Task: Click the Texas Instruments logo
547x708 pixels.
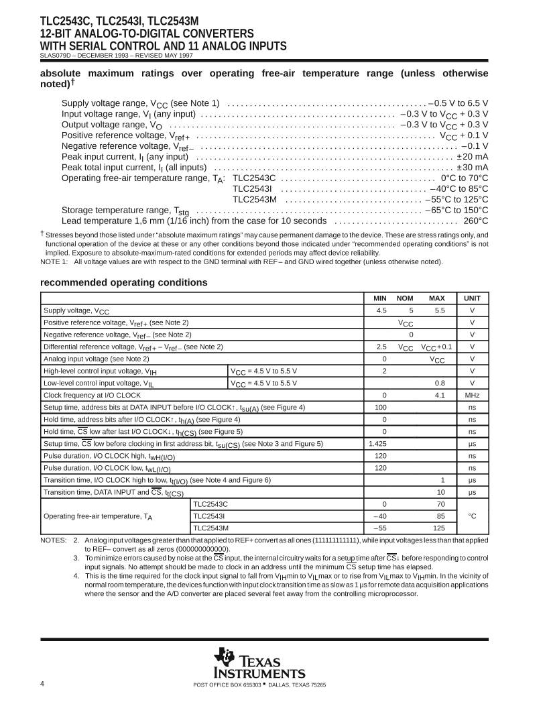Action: click(259, 664)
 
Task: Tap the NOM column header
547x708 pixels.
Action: click(405, 298)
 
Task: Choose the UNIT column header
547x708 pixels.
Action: click(473, 298)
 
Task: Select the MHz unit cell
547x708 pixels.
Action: click(473, 395)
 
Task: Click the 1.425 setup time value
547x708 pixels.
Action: click(379, 443)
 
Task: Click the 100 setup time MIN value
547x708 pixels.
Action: click(381, 407)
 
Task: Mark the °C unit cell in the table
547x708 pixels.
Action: click(473, 516)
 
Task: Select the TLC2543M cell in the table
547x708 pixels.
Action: click(210, 528)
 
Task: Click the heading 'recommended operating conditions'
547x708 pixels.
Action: click(124, 283)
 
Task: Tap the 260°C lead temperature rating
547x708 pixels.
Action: click(475, 221)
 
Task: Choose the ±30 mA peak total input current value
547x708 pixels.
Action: click(472, 167)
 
